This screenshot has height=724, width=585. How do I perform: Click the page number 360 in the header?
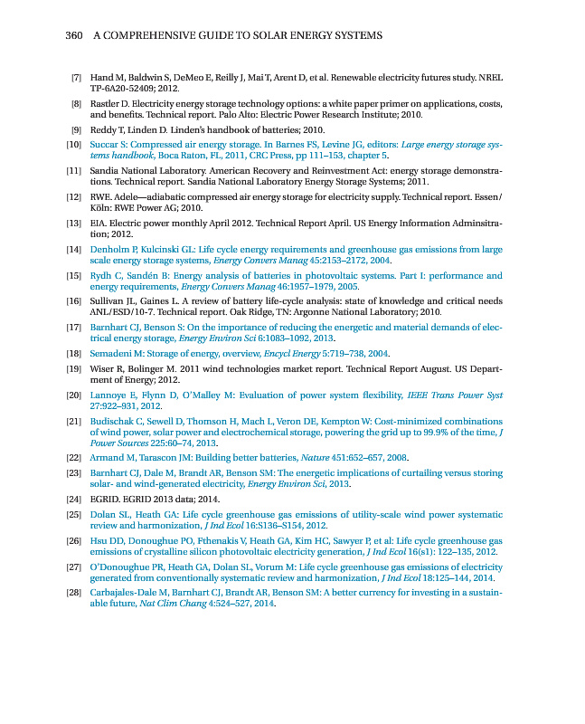pos(74,35)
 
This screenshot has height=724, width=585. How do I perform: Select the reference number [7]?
pos(77,80)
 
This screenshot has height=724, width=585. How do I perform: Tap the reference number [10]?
pos(75,145)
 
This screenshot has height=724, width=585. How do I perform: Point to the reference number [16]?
pos(75,300)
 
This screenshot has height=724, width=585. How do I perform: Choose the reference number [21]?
pos(75,422)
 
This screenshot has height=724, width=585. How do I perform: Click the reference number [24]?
pos(75,499)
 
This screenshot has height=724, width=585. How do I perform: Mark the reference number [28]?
pos(75,593)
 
